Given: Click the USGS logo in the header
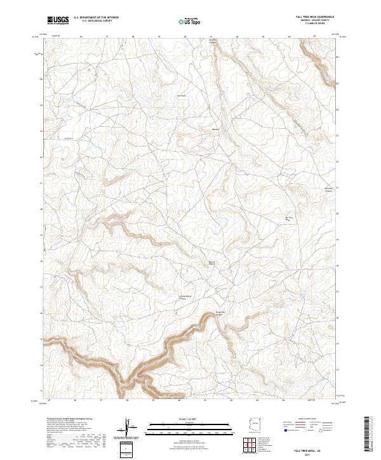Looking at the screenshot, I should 58,20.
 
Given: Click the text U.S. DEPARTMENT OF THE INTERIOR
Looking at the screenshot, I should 96,17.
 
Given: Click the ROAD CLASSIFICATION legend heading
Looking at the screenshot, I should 304,419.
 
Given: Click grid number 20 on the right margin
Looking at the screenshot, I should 337,214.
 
